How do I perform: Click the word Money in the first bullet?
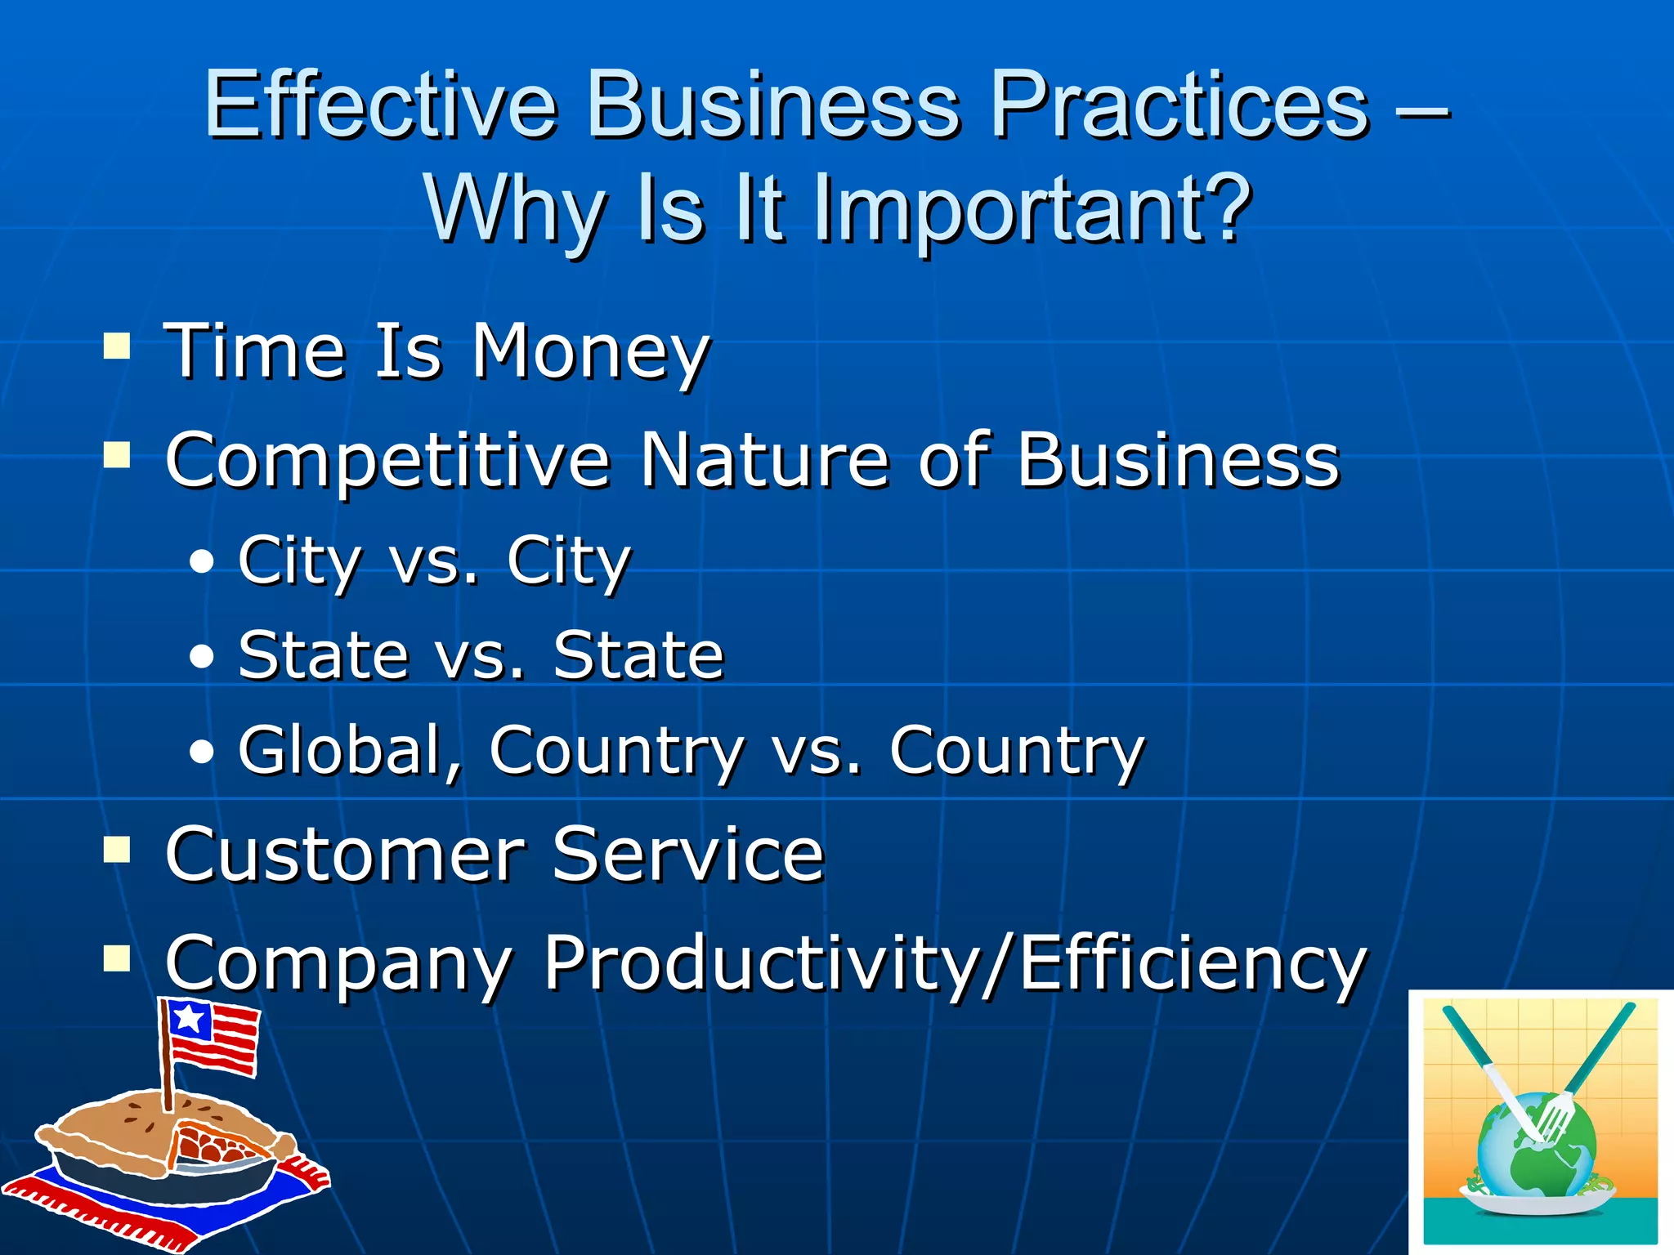591,353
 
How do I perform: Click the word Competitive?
387,462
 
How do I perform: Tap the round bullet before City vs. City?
201,562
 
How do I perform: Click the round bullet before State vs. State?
201,657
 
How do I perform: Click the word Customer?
343,854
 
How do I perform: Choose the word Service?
687,854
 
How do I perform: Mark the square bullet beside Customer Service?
117,850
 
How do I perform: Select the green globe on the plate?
1537,1152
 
